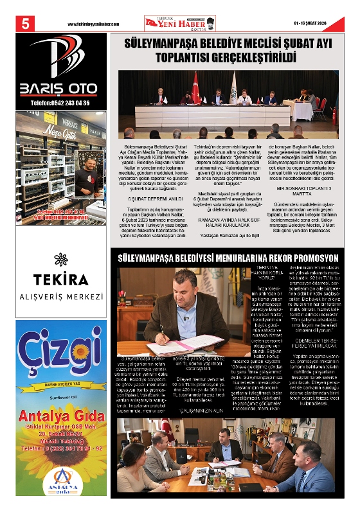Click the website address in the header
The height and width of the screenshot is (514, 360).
click(94, 24)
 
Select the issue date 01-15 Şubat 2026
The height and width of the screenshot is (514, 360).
click(314, 24)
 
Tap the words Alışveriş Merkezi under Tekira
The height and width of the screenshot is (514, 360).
click(62, 297)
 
